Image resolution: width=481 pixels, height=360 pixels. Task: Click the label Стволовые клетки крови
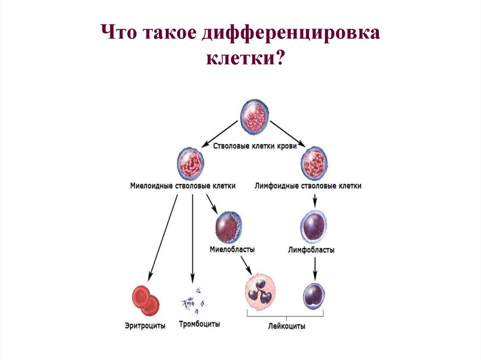(255, 146)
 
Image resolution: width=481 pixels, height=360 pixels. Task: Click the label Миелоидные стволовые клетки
(183, 186)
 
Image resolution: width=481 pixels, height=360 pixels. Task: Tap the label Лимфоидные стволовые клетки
(308, 186)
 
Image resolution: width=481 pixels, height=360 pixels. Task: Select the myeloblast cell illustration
(228, 225)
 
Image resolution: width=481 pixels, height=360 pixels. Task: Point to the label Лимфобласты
(311, 250)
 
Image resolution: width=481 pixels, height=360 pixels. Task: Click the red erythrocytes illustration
(145, 298)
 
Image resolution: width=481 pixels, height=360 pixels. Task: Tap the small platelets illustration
(193, 300)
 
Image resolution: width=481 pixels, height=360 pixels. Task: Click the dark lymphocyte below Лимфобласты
(313, 296)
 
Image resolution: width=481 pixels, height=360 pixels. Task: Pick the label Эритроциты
(145, 325)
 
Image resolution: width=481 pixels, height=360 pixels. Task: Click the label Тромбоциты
(199, 324)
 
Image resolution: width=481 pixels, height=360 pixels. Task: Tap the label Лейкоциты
(287, 326)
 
